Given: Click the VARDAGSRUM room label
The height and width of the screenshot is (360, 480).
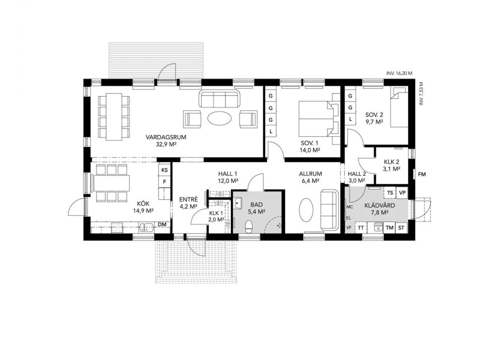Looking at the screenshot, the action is point(166,137).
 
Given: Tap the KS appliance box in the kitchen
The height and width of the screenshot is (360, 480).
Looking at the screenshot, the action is point(164,170).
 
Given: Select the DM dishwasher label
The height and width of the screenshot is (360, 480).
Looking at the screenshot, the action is point(162,224).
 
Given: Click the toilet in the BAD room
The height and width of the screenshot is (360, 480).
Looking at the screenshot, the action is point(249,227).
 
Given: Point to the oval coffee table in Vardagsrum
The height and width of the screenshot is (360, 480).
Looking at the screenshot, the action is point(220,118).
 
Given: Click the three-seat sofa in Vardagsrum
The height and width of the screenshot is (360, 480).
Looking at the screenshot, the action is point(220,98).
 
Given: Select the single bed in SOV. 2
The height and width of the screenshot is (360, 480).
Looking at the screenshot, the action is point(399,107).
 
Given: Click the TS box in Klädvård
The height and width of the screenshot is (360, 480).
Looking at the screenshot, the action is point(390,193).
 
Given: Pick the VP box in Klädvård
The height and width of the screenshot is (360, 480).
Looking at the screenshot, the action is point(402,193).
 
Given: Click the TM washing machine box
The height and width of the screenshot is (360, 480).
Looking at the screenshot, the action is point(389,228).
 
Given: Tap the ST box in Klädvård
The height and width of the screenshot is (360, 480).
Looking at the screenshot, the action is point(401,228).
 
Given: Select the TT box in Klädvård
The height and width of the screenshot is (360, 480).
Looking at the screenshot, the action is point(361,228).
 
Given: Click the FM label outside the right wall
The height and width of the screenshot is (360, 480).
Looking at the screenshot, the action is point(422,175).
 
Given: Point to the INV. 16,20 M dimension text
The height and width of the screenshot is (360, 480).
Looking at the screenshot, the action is point(399,73).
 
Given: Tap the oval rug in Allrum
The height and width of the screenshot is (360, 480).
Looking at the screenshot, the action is point(306,209).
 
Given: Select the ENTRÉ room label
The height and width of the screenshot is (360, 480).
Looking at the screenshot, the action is point(188,200).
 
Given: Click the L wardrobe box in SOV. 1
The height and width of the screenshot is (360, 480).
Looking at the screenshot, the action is point(271,131).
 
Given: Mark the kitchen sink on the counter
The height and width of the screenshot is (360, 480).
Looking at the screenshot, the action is point(147,227).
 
